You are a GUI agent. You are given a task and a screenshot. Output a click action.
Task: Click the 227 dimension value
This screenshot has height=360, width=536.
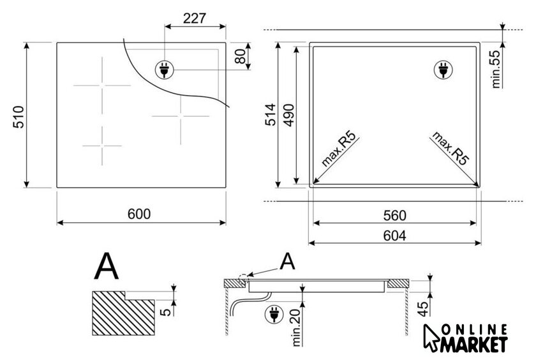195,18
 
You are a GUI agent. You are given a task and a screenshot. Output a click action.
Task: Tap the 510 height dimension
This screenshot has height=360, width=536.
19,117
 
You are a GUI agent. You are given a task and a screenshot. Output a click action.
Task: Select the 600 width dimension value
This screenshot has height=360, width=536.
139,214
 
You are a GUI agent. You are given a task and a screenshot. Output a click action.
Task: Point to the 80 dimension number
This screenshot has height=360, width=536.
241,56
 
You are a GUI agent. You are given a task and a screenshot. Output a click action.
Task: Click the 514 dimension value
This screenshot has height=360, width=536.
271,114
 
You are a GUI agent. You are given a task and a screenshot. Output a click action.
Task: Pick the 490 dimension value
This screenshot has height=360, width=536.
289,116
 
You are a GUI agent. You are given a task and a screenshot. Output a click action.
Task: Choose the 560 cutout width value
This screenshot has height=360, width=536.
395,216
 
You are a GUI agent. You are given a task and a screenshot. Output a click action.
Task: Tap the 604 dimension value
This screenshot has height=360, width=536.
395,236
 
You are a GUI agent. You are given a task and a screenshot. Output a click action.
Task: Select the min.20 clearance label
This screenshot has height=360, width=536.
296,327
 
